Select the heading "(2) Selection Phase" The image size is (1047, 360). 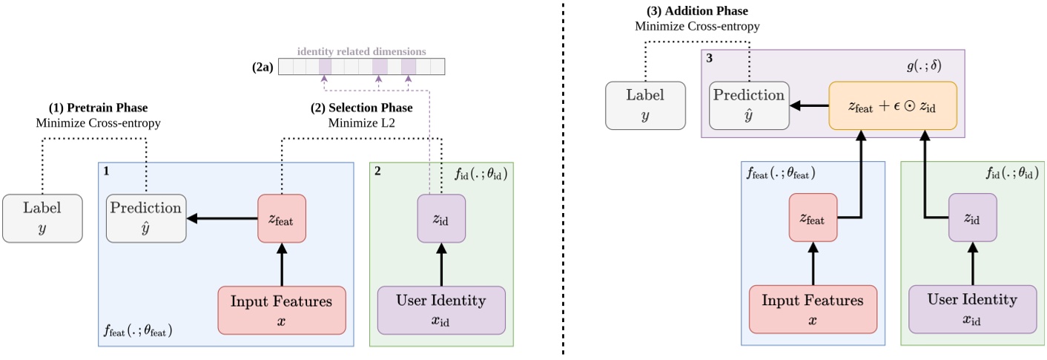pyautogui.click(x=361, y=108)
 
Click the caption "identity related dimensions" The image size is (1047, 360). pyautogui.click(x=361, y=52)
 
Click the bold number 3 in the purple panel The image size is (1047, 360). pyautogui.click(x=711, y=57)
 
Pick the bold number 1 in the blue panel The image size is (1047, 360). pyautogui.click(x=106, y=171)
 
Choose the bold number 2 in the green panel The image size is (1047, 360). pyautogui.click(x=377, y=171)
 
